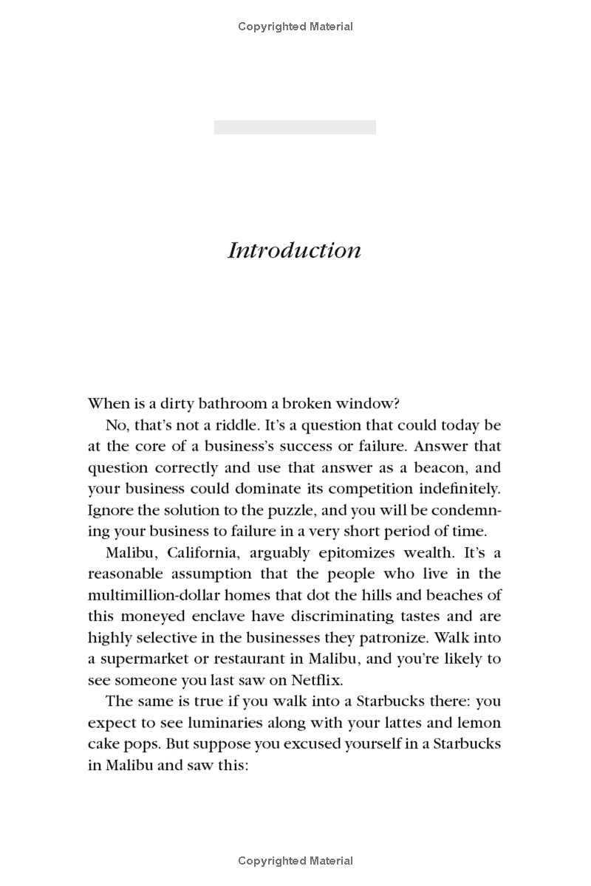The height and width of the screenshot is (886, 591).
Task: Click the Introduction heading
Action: pos(294,250)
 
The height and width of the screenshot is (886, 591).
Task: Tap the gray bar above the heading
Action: pos(295,127)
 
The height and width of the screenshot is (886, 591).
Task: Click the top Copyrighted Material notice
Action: pos(295,27)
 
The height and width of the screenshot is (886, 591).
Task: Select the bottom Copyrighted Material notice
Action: pos(295,860)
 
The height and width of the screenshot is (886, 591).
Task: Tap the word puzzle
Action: pos(268,510)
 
